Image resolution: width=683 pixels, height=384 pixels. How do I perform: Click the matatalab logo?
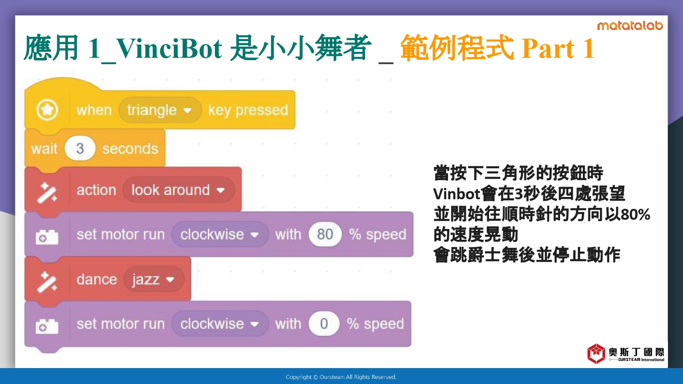click(x=630, y=26)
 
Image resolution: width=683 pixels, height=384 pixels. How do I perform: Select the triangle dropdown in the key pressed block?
click(x=160, y=110)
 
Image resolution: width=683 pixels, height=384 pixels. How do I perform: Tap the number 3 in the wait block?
click(x=80, y=148)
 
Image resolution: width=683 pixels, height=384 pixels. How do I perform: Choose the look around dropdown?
click(x=178, y=190)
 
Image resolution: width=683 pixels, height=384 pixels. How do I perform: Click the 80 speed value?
click(x=325, y=234)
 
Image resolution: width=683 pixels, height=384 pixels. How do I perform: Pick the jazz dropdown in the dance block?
click(x=154, y=279)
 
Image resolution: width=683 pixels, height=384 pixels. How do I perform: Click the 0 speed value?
click(x=324, y=323)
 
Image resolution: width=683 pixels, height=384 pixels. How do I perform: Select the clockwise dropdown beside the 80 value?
click(x=220, y=234)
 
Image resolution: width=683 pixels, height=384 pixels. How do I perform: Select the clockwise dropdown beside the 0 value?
click(x=220, y=323)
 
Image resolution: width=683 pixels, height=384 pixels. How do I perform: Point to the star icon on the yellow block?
click(x=47, y=110)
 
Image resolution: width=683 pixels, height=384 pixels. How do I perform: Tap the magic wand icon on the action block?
click(x=47, y=192)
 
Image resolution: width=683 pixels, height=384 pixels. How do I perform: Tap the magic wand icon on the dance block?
click(x=47, y=282)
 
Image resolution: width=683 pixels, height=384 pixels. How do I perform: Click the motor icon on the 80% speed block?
click(x=47, y=237)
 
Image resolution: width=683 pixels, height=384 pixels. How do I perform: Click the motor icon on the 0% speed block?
click(x=47, y=326)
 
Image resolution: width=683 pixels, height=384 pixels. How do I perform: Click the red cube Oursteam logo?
click(x=596, y=354)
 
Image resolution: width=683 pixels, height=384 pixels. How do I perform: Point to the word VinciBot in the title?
click(x=169, y=48)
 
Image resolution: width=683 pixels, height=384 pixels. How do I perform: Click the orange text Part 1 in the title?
click(x=558, y=48)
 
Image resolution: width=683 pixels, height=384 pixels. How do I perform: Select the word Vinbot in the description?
click(x=457, y=194)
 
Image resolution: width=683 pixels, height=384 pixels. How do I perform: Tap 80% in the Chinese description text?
click(x=636, y=214)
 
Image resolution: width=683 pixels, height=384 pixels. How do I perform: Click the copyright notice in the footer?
click(x=341, y=377)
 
